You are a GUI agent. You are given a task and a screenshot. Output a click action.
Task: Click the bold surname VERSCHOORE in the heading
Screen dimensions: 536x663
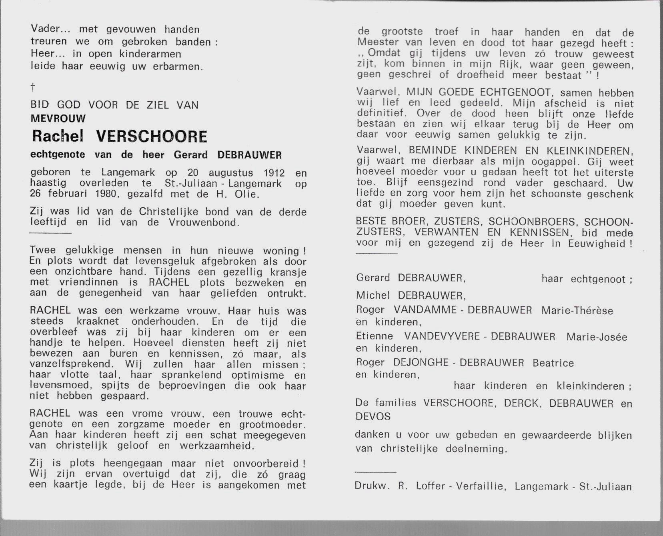pyautogui.click(x=152, y=137)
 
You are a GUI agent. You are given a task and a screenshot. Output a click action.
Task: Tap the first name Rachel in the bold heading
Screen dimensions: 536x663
pyautogui.click(x=58, y=137)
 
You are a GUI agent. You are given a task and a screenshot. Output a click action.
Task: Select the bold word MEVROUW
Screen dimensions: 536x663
pyautogui.click(x=58, y=118)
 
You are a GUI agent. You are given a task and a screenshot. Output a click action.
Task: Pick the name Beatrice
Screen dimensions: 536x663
pyautogui.click(x=553, y=363)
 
